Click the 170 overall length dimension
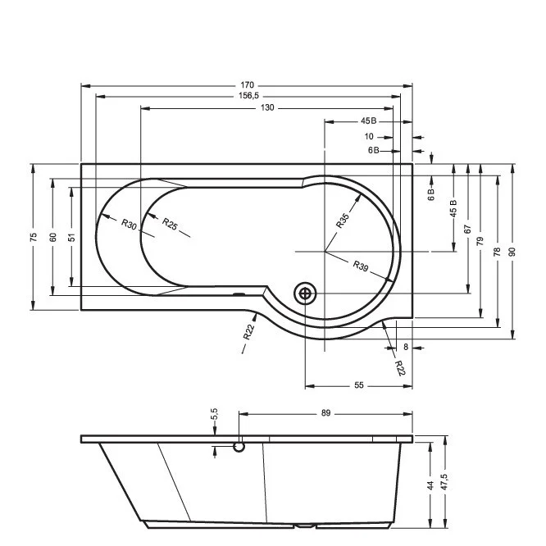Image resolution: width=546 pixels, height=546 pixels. (247, 85)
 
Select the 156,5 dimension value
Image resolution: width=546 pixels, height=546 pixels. (248, 96)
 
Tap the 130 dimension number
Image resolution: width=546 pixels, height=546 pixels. (267, 107)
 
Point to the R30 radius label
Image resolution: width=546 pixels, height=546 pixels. (129, 224)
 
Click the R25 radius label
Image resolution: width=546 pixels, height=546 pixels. (170, 224)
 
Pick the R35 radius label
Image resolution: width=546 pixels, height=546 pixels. (343, 221)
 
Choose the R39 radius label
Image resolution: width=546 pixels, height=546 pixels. (361, 266)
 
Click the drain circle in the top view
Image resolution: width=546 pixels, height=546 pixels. (305, 293)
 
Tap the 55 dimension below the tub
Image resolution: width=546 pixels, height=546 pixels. (358, 385)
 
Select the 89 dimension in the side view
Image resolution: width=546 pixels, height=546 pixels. (325, 413)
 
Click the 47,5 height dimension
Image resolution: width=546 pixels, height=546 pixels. (444, 482)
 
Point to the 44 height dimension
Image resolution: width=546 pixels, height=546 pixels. (430, 485)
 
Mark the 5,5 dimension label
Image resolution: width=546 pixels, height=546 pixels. (214, 414)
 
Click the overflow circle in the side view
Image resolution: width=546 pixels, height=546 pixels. (239, 447)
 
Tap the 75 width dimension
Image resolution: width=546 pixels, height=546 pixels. (33, 237)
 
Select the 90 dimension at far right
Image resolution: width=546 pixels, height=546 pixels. (512, 252)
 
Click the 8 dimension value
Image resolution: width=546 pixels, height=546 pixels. (406, 347)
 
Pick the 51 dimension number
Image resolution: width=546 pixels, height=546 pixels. (71, 237)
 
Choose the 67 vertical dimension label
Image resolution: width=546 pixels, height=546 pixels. (467, 229)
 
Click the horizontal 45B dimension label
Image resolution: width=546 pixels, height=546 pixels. (368, 121)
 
